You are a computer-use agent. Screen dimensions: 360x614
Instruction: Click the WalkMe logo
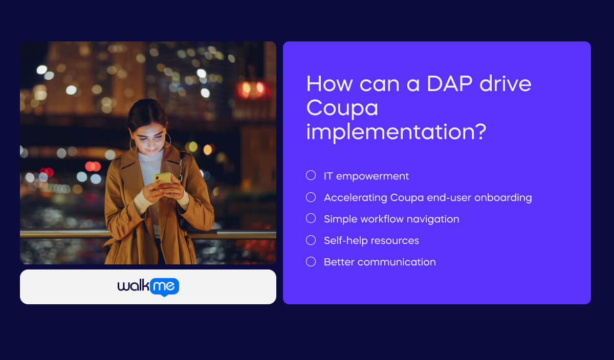(x=148, y=287)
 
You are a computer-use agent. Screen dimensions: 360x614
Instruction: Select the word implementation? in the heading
(x=396, y=132)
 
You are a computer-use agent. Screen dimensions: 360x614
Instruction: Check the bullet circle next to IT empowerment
(x=311, y=175)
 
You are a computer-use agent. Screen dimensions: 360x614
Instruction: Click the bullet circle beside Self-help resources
(x=311, y=240)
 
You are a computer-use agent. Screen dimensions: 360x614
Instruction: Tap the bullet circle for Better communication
(x=311, y=261)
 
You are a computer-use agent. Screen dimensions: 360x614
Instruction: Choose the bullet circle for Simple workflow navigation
(x=311, y=218)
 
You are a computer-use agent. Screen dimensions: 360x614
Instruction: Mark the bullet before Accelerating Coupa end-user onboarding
(x=311, y=197)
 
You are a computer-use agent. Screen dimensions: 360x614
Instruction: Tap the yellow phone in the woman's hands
(x=162, y=177)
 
